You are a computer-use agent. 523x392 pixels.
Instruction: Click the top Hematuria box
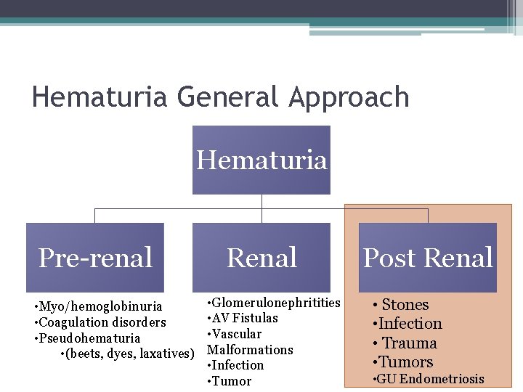261,160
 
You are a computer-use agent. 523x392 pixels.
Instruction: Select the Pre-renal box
95,258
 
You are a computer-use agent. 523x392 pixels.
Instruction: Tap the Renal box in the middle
261,258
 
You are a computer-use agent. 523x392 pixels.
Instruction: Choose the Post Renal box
428,258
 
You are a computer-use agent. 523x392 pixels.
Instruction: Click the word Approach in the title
349,97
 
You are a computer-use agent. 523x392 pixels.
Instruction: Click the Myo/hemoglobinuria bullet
100,306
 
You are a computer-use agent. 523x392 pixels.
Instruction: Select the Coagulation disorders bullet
102,322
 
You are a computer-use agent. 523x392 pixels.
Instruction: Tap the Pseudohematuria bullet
89,338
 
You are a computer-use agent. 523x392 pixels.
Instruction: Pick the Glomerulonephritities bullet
276,302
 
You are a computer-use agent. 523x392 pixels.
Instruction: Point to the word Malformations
250,350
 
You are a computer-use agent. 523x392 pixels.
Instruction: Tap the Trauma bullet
409,343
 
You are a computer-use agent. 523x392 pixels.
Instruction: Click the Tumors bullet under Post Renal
405,362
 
